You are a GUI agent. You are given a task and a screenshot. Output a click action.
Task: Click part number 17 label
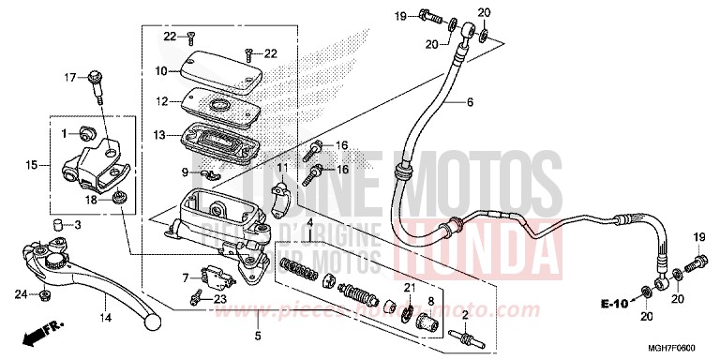point(67,77)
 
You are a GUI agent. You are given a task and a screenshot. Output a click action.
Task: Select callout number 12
point(161,100)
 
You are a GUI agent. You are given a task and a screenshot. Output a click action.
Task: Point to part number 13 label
point(161,136)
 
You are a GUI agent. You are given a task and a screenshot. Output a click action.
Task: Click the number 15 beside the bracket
point(32,166)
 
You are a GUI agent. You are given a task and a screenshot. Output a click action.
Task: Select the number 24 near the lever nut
point(20,296)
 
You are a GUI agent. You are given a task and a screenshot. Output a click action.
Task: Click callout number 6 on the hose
point(470,101)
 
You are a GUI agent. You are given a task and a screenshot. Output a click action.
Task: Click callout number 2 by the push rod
point(466,315)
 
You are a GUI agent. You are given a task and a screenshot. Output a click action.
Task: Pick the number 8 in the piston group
point(431,300)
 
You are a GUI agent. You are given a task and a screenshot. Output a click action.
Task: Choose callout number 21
point(409,286)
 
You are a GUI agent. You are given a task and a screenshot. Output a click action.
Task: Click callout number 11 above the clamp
point(279,167)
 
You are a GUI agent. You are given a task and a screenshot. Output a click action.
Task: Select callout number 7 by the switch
point(187,277)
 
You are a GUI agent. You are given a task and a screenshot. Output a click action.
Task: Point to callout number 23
point(220,299)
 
